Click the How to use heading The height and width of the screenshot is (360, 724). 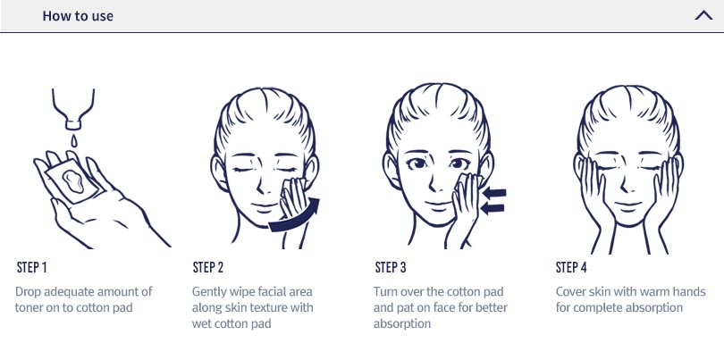coord(78,16)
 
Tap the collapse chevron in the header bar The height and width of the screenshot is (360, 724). coord(703,16)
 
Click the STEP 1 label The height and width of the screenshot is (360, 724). coord(31,267)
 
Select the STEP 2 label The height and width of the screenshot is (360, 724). coord(207,267)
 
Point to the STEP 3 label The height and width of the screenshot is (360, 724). coord(391,267)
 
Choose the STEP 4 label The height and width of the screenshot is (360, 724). coord(571,267)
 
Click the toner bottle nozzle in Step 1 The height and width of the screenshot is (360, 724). coord(73,124)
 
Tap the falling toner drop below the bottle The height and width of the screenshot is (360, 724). coord(73,139)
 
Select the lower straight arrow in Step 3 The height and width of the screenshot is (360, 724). coord(492,209)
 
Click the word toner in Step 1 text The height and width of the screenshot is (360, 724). coord(30,307)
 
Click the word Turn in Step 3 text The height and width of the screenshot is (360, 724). coord(385,292)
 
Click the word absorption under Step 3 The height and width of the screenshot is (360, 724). coord(401,323)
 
